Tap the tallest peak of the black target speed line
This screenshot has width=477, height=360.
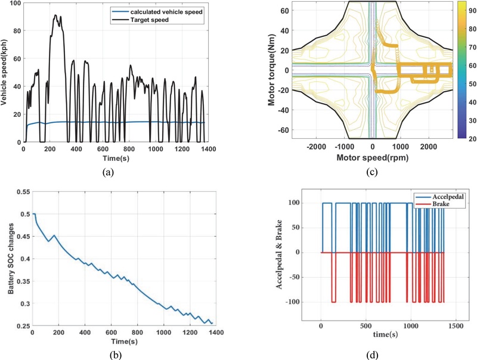pyautogui.click(x=55, y=15)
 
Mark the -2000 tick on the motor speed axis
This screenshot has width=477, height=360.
pyautogui.click(x=315, y=147)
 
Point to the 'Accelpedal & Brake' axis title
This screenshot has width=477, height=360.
pyautogui.click(x=279, y=253)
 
